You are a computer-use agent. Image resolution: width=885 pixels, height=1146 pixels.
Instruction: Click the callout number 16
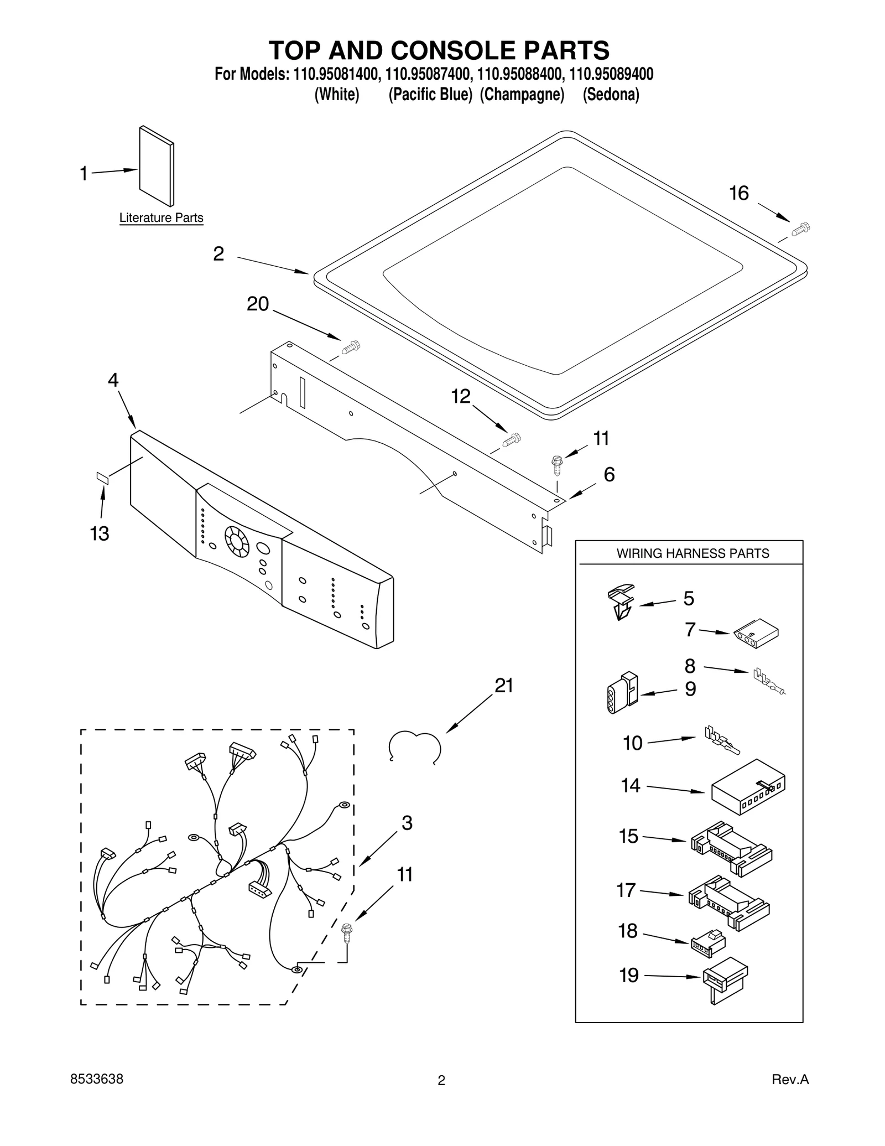(x=738, y=193)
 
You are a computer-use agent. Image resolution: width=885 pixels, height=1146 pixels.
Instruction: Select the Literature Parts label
(x=161, y=218)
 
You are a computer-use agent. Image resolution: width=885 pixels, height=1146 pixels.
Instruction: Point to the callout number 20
(x=257, y=304)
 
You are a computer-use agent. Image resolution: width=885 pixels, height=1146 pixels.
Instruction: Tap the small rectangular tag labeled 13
(x=103, y=478)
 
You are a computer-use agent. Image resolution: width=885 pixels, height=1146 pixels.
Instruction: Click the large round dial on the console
(x=237, y=540)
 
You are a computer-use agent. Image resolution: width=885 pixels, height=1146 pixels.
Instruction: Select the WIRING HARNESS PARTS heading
(x=693, y=553)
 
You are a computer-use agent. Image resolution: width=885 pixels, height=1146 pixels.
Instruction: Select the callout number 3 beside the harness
(x=407, y=823)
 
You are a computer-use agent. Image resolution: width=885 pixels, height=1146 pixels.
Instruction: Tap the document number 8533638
(x=97, y=1079)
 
